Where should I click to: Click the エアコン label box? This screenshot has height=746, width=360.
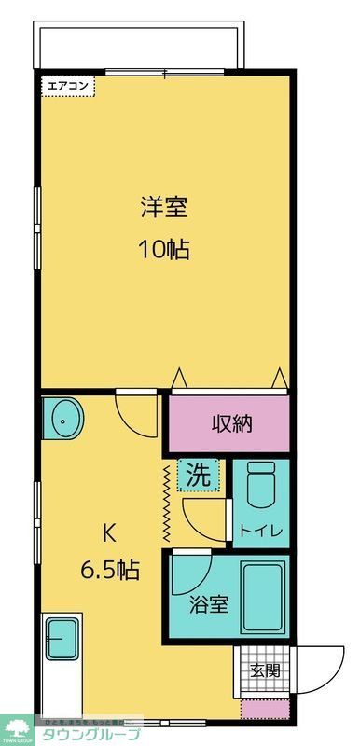click(67, 85)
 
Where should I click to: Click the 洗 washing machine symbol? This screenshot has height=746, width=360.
click(198, 475)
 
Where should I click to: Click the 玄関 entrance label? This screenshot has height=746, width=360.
click(265, 670)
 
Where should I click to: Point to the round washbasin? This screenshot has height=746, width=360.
click(63, 420)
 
